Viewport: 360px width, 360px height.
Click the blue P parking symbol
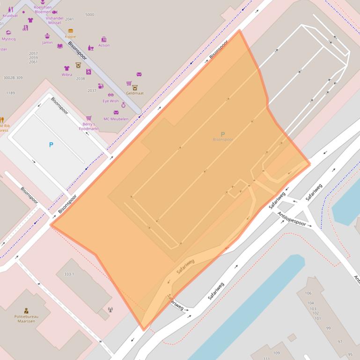(x=51, y=145)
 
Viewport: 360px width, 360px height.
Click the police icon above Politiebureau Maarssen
(x=27, y=310)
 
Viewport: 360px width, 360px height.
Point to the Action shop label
(x=104, y=45)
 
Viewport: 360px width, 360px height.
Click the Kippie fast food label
(x=70, y=36)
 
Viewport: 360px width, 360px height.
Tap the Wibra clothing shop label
(x=66, y=74)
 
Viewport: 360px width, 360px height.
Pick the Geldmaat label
(x=135, y=93)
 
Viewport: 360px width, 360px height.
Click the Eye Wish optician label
(x=111, y=101)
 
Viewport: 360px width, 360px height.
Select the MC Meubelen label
(x=116, y=119)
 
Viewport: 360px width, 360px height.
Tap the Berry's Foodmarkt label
(x=88, y=126)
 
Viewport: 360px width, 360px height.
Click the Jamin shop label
(x=47, y=43)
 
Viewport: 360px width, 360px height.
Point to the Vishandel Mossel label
(x=54, y=21)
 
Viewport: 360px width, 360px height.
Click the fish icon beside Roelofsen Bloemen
(x=55, y=12)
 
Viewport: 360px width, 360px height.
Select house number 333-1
(x=69, y=274)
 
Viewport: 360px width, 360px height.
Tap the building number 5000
(x=89, y=14)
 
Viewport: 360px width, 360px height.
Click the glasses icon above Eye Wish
(x=110, y=95)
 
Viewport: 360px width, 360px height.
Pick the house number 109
(x=276, y=353)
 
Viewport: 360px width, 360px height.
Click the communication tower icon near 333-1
(x=110, y=309)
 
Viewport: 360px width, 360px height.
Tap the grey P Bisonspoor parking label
(x=222, y=137)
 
